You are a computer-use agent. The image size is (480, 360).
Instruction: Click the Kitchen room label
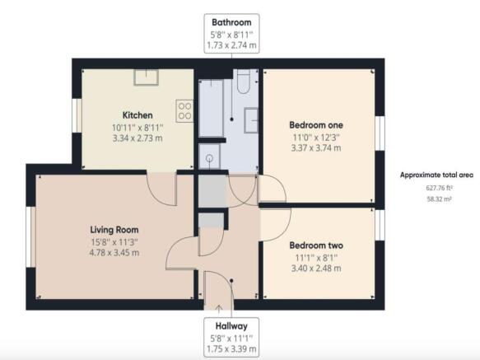137,115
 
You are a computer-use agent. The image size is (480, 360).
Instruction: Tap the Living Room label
114,230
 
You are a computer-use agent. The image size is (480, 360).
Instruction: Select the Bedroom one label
316,125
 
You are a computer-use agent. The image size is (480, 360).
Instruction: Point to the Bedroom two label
316,245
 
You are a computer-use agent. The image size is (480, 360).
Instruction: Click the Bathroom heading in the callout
231,22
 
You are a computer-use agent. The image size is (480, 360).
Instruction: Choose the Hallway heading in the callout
231,326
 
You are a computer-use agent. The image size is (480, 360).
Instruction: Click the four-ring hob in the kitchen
184,111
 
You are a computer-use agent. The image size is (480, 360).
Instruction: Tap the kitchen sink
146,77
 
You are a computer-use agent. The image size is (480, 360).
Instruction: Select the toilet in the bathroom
244,82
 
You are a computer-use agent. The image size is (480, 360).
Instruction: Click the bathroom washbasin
251,120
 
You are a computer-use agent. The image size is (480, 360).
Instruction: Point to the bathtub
211,108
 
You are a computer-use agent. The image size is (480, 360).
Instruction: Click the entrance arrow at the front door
219,308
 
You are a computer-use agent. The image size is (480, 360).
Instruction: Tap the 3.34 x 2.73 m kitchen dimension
137,138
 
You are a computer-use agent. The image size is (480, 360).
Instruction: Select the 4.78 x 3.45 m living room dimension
114,253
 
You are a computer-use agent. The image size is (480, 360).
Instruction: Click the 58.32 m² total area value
439,199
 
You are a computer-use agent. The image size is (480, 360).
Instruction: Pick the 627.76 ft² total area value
440,188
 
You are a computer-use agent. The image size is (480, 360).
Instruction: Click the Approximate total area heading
436,175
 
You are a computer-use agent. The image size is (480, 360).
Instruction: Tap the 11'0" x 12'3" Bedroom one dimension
316,138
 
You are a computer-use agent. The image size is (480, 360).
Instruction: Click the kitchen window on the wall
77,115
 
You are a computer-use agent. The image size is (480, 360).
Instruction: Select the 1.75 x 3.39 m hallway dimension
231,349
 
